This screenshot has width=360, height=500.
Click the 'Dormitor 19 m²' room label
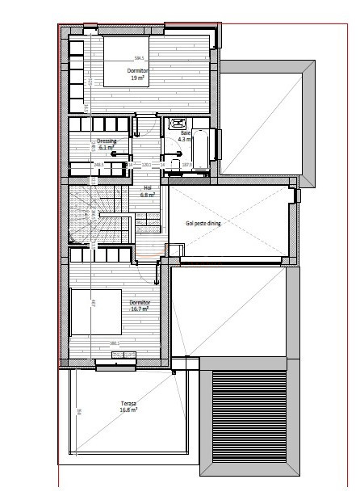[137, 75]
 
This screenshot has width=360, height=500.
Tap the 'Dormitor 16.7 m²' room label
[140, 306]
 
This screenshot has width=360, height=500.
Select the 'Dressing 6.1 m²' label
[107, 145]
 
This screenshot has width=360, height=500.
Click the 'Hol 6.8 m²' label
[147, 191]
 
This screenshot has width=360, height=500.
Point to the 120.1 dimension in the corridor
[147, 165]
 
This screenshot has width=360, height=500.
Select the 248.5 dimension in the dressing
[98, 165]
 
